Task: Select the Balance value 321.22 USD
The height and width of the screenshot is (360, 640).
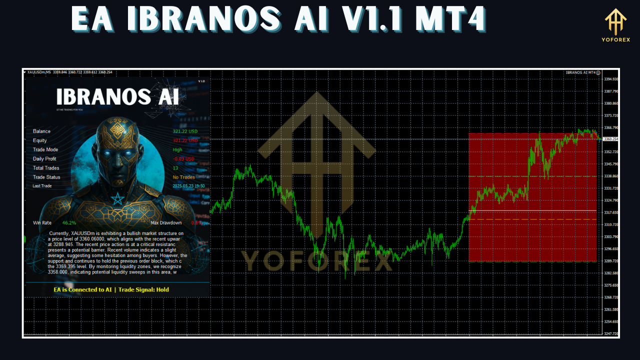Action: pos(185,131)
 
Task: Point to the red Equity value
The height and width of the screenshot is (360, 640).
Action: pos(185,140)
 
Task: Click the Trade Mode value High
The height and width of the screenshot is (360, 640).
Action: pos(177,149)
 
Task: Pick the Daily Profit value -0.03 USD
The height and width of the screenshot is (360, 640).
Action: pos(183,159)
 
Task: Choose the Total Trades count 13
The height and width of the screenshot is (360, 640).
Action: pos(175,168)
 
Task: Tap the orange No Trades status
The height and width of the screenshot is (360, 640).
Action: pos(183,177)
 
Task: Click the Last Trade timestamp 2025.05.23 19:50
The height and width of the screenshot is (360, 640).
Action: pos(188,186)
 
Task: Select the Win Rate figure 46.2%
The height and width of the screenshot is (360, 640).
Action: pos(69,222)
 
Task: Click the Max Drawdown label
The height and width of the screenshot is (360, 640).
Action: pos(166,222)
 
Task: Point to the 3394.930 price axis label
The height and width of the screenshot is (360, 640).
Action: pos(611,79)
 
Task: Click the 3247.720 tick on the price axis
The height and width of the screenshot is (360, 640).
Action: pos(611,333)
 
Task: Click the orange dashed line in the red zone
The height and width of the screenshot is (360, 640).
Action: pos(532,219)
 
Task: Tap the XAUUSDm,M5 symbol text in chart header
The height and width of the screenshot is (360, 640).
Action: pos(39,72)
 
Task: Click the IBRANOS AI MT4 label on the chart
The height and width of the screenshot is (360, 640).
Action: pos(580,72)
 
